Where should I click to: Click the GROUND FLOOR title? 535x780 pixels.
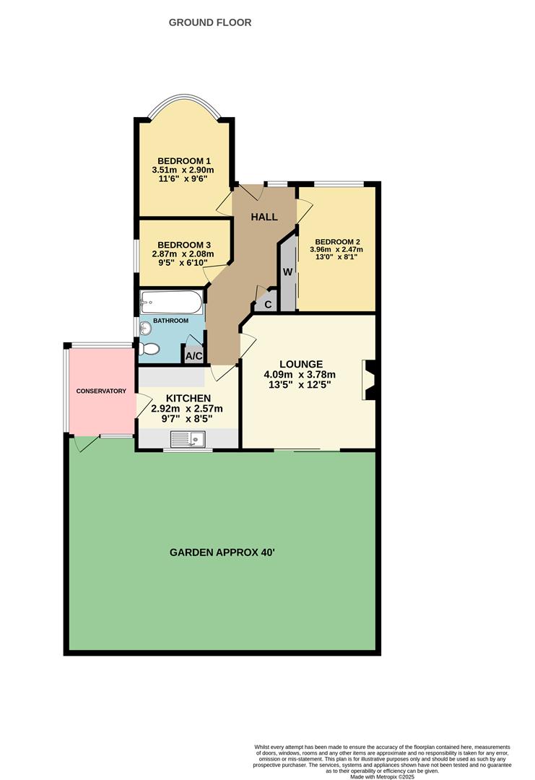(x=210, y=22)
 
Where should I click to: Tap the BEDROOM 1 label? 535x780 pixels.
(x=183, y=160)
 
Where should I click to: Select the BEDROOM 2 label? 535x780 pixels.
(x=337, y=242)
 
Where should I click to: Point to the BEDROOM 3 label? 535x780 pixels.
(x=183, y=245)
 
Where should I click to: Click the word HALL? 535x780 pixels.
(x=264, y=217)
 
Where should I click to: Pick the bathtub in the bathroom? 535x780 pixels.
(x=172, y=301)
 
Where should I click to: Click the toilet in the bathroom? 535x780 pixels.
(x=149, y=349)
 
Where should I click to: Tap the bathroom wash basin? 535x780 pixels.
(x=147, y=328)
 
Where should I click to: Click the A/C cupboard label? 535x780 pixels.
(x=193, y=355)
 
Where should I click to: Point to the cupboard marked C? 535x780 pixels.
(x=267, y=304)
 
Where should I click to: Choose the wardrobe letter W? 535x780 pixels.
(x=287, y=272)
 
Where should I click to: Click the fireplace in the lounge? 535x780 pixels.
(x=370, y=380)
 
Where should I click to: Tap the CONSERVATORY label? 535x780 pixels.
(x=101, y=391)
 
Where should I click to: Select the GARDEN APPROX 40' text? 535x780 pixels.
(x=222, y=552)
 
